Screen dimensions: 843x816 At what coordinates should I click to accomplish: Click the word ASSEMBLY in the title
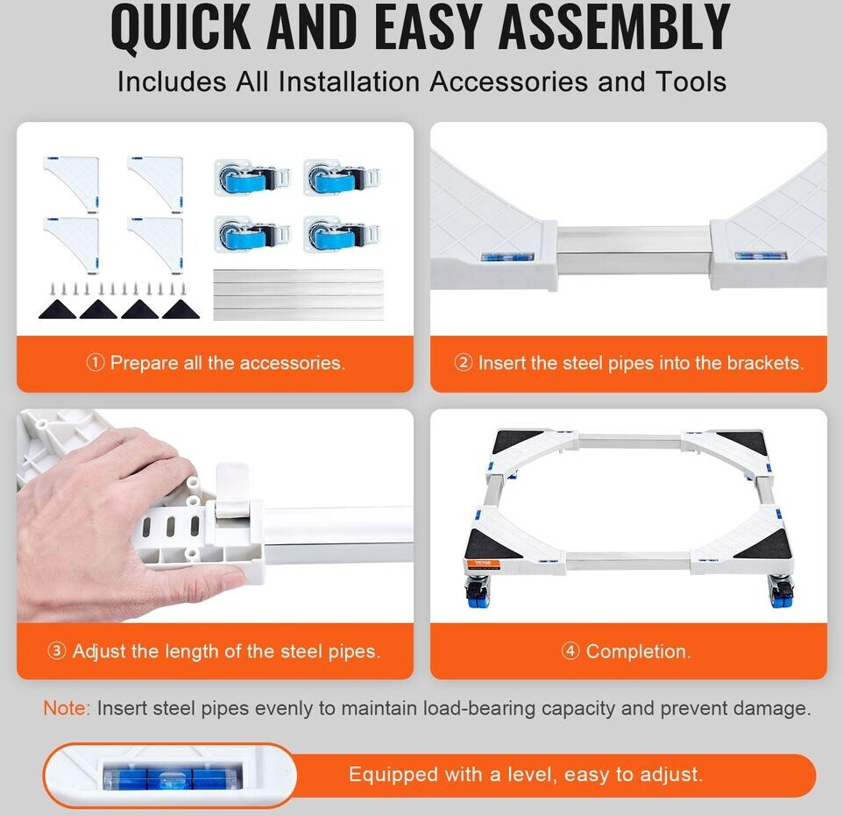click(x=614, y=27)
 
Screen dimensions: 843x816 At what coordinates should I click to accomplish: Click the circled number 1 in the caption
click(x=95, y=363)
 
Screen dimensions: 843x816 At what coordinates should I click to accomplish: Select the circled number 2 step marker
click(x=463, y=363)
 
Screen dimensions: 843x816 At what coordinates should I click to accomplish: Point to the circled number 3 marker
click(x=56, y=651)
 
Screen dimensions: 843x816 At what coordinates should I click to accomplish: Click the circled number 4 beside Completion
click(x=570, y=651)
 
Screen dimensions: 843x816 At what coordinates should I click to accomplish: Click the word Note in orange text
click(x=66, y=708)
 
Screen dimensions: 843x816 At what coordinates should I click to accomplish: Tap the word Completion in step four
click(x=638, y=651)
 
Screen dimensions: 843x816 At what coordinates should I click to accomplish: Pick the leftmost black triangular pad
click(x=56, y=309)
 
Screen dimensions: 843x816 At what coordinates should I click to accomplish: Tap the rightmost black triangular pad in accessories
click(x=181, y=309)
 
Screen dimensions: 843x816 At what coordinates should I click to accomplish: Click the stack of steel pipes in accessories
click(x=299, y=294)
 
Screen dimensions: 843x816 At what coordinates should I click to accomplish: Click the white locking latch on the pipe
click(x=232, y=491)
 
